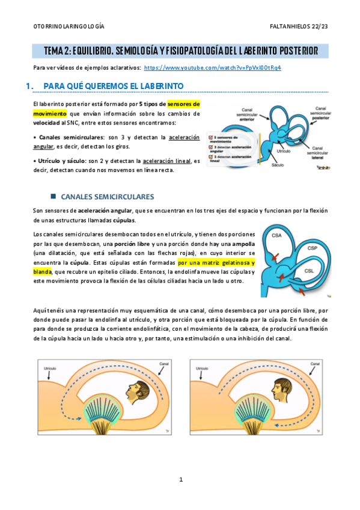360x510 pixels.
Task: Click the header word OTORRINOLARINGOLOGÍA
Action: (68, 27)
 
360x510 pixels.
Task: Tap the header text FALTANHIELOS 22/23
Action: (299, 27)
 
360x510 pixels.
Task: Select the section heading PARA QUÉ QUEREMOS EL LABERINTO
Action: (114, 87)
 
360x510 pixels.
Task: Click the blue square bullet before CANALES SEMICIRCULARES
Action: (53, 197)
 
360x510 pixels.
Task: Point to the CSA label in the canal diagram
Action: (277, 235)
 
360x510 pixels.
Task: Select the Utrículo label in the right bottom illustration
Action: (203, 366)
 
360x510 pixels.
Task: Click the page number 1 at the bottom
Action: (180, 479)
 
